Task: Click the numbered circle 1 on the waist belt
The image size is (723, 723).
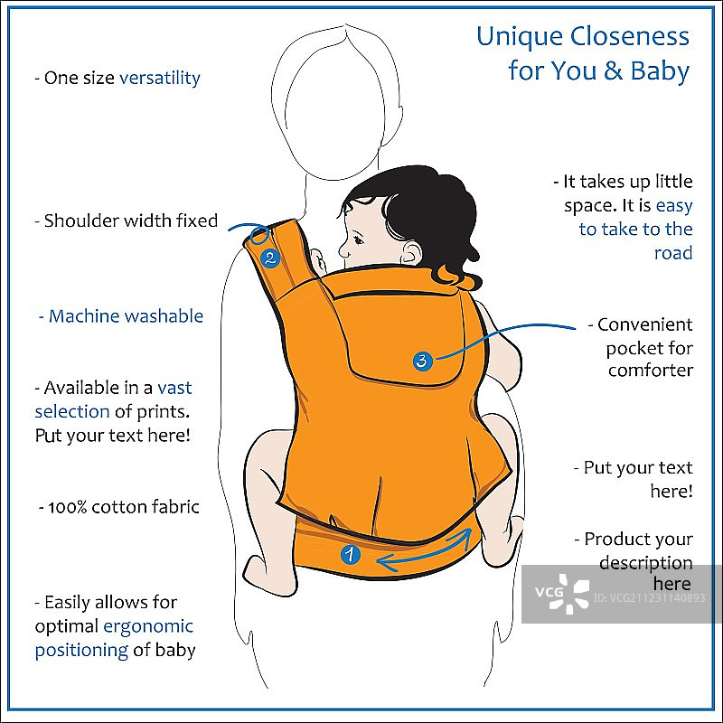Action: click(350, 554)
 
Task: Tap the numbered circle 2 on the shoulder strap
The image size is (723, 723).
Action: click(270, 258)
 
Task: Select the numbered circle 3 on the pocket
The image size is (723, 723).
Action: click(422, 361)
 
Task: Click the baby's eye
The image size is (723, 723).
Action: click(358, 239)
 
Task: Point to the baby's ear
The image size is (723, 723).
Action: click(410, 253)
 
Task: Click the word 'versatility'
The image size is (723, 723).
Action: click(160, 78)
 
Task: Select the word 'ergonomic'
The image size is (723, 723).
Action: click(148, 626)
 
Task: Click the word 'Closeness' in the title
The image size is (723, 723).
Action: click(629, 36)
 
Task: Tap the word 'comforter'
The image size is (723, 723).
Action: click(650, 371)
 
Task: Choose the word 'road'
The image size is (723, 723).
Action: click(673, 253)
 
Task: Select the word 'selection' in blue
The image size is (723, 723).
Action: click(72, 411)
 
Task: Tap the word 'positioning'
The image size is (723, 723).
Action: click(81, 651)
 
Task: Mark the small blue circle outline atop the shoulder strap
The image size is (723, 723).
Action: click(259, 233)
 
